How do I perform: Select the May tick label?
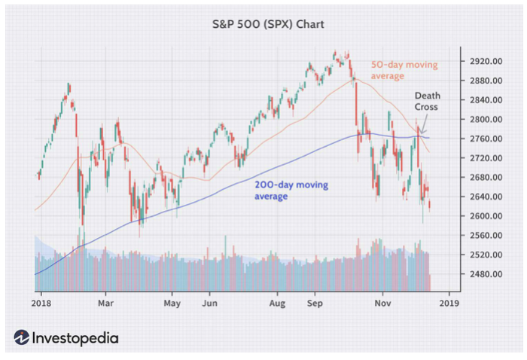(172, 304)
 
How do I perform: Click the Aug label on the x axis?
(278, 304)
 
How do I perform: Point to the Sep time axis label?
(315, 304)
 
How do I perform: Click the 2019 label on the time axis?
(449, 304)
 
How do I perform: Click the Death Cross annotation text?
(426, 102)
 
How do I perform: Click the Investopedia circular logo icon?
(21, 337)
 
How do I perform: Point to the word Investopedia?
(75, 337)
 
